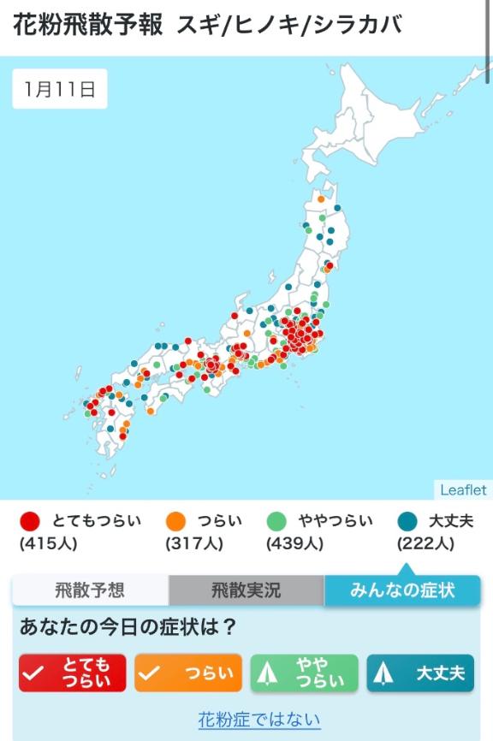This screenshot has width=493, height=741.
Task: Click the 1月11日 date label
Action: [x=60, y=89]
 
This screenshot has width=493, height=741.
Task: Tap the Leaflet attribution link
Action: [x=463, y=490]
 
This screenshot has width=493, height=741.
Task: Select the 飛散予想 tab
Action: [x=90, y=590]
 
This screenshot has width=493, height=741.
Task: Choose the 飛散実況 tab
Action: [x=246, y=590]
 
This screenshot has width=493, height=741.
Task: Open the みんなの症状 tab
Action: [x=402, y=590]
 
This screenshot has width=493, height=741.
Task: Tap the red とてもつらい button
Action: [x=73, y=673]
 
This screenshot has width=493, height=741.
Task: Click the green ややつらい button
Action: [x=304, y=673]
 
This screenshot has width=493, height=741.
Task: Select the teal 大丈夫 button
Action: [x=419, y=673]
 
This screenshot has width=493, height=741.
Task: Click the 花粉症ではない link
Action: [x=259, y=719]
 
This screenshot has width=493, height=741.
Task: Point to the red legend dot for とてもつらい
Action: [x=31, y=521]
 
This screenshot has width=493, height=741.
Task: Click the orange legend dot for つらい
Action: [x=175, y=521]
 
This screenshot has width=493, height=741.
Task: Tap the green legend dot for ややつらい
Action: [x=276, y=521]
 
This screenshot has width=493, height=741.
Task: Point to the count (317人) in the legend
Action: [x=193, y=543]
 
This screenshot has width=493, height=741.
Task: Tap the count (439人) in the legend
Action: [x=294, y=543]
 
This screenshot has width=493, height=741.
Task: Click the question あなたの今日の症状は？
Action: [x=128, y=627]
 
